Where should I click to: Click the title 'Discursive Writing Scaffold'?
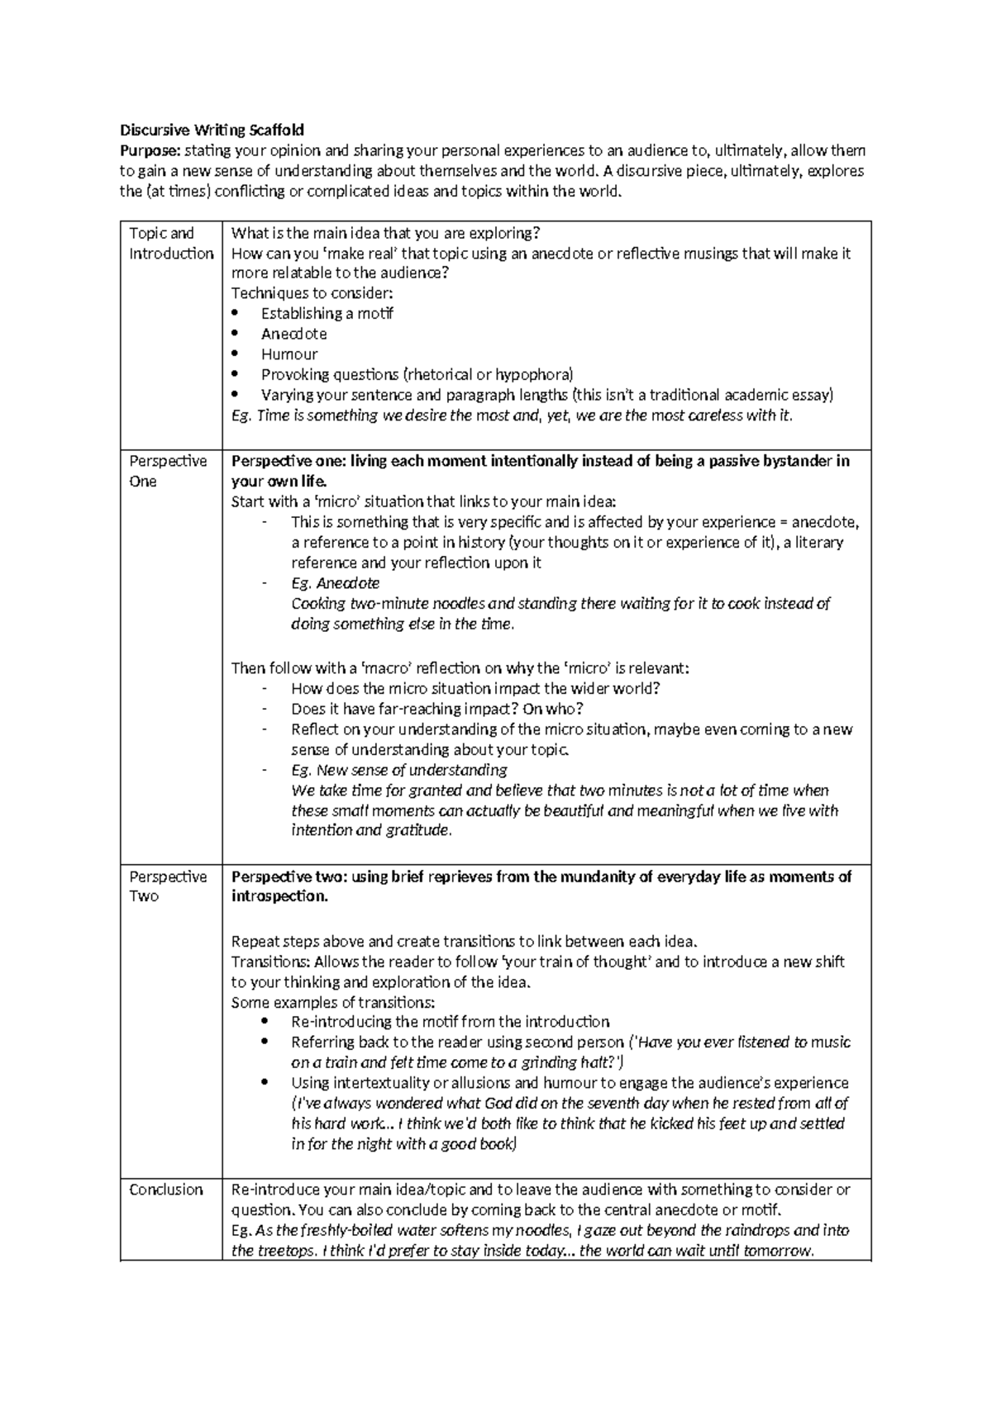[212, 130]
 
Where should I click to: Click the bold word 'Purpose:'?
[150, 150]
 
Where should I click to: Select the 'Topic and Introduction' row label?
[171, 244]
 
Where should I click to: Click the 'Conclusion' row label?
[166, 1190]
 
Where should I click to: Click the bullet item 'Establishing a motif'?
[327, 314]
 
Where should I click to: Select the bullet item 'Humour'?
[289, 354]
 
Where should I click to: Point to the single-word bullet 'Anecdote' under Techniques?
[293, 334]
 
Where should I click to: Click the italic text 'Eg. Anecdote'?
[335, 583]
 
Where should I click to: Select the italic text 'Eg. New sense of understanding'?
[398, 770]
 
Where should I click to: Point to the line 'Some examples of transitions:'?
[332, 1003]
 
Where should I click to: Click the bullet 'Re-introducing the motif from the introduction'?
[450, 1022]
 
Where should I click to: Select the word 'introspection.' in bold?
[279, 896]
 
